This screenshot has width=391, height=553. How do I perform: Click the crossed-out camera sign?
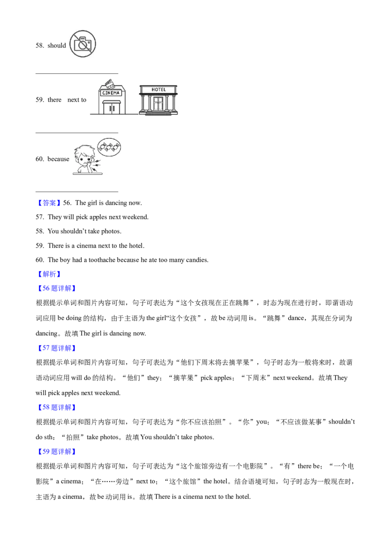point(82,43)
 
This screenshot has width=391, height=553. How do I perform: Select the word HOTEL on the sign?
point(159,89)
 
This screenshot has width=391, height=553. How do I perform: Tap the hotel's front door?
point(159,104)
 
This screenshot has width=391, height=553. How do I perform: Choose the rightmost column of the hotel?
point(174,104)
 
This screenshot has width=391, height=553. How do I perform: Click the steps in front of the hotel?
point(159,113)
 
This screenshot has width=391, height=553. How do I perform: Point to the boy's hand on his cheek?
point(88,165)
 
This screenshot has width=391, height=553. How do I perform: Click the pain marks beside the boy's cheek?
point(98,164)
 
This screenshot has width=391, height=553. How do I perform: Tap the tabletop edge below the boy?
point(98,173)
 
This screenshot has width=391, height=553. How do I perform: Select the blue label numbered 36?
point(57,289)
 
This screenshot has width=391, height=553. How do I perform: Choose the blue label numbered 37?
point(57,348)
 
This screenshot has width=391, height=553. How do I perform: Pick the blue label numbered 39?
point(57,452)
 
